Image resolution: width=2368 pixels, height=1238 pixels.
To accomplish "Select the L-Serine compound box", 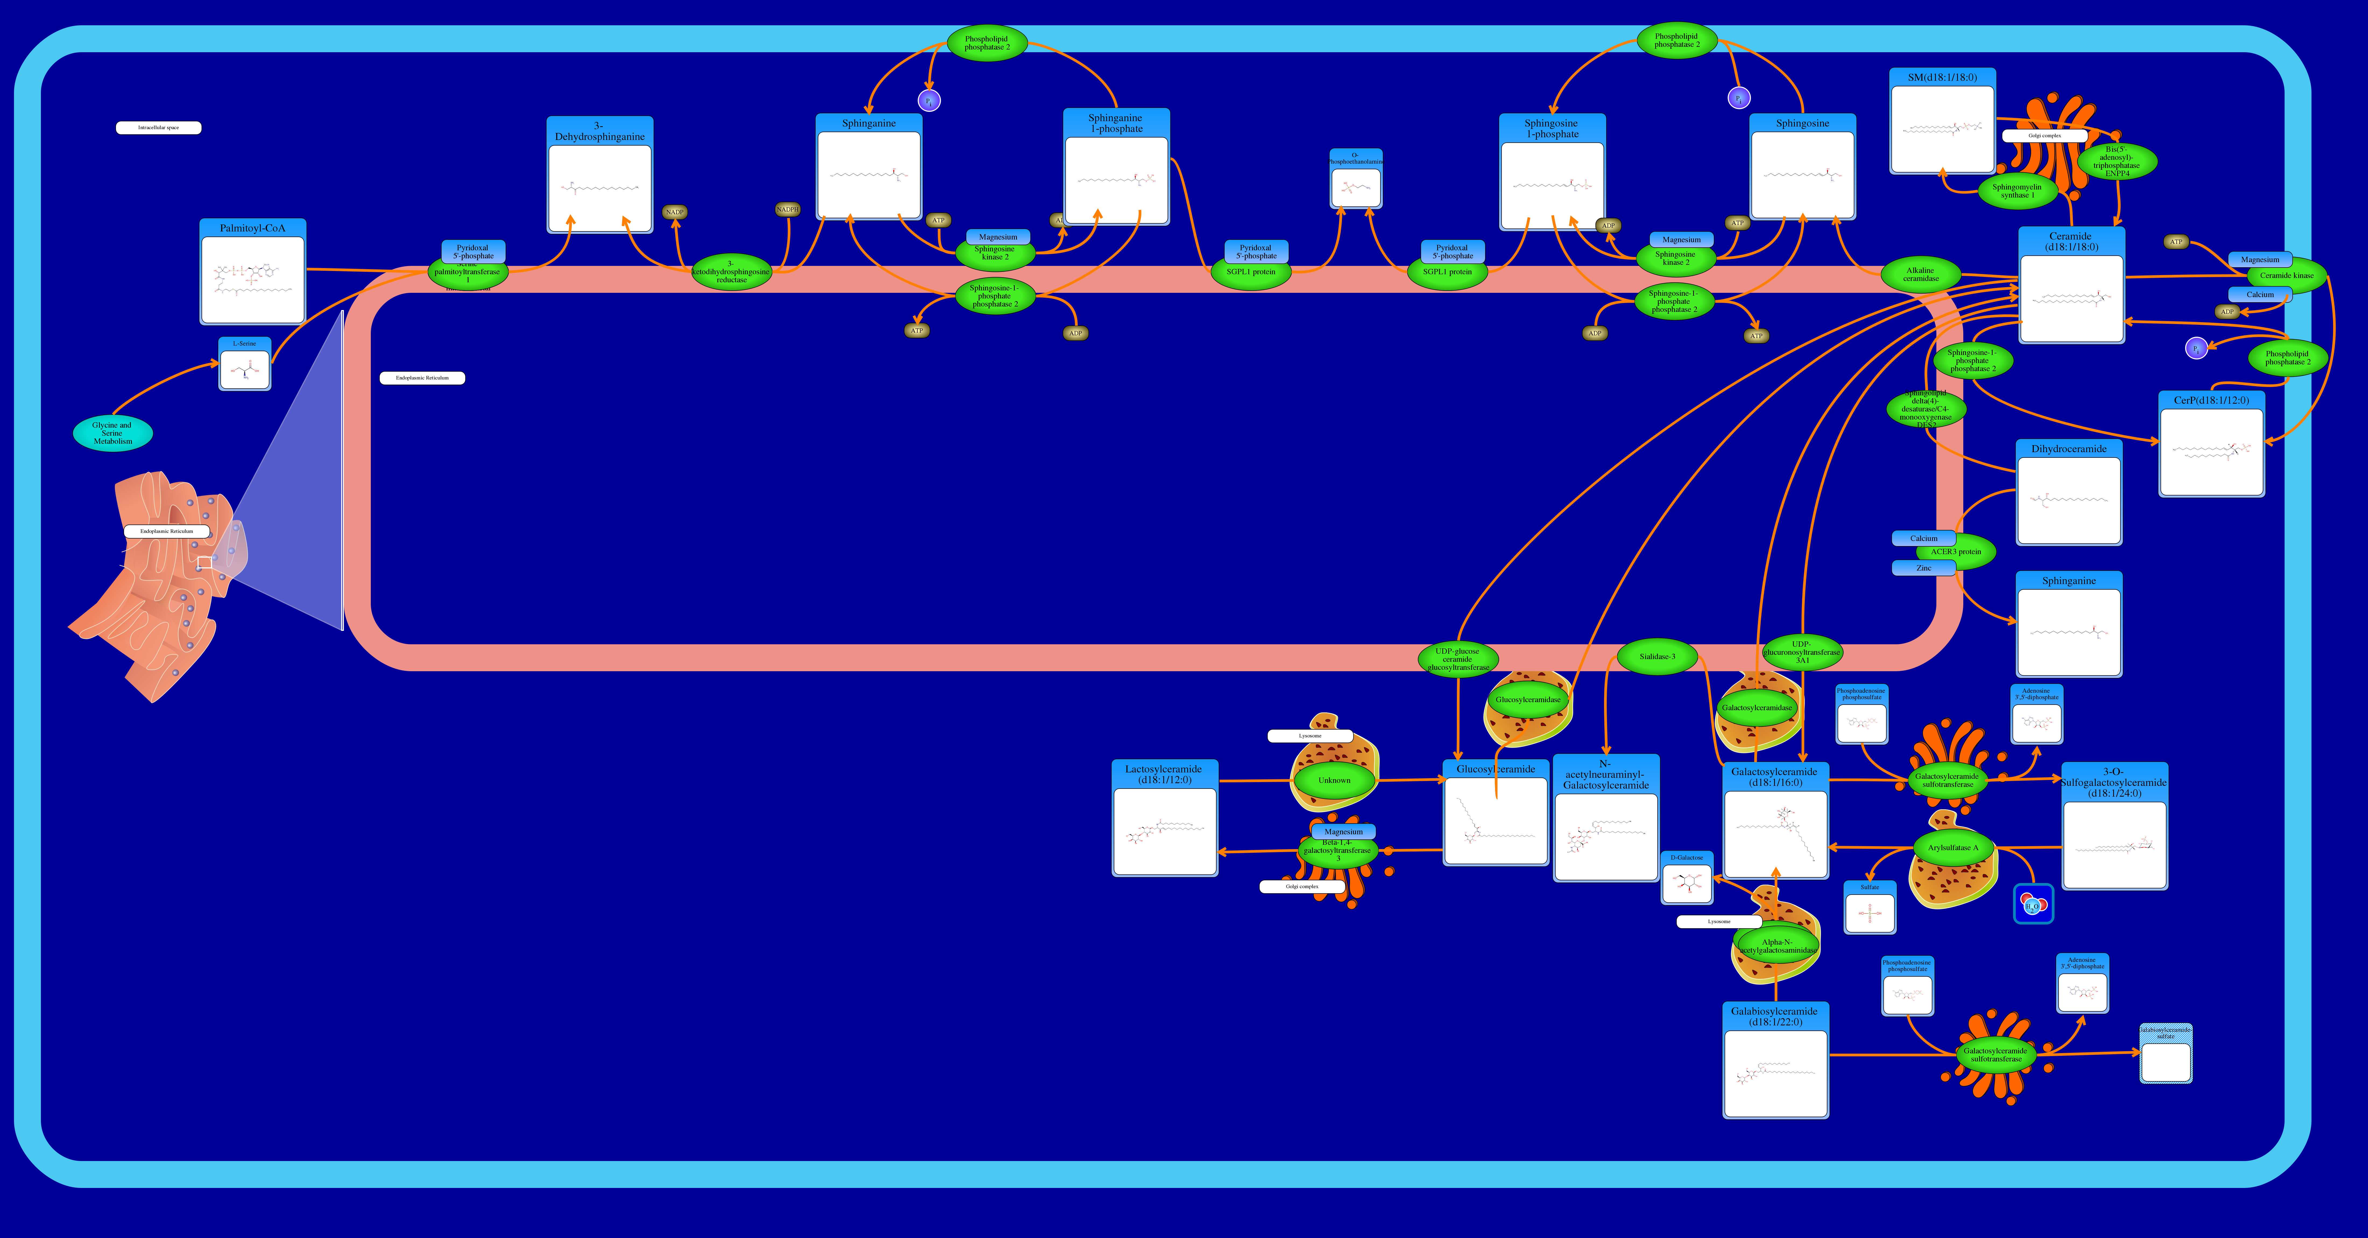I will (x=245, y=365).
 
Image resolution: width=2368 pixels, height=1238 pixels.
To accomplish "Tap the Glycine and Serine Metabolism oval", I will (x=112, y=433).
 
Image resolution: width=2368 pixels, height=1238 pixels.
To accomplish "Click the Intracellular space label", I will (x=158, y=128).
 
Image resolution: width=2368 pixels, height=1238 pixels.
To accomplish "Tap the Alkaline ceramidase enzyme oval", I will (x=1920, y=274).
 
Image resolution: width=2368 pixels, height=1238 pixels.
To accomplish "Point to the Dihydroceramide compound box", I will (x=2068, y=493).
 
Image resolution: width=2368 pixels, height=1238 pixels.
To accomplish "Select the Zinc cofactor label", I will (x=1923, y=568).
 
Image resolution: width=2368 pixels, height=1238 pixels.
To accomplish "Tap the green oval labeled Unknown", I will (x=1334, y=780).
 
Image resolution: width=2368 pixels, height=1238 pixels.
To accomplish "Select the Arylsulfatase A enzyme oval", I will (x=1953, y=847).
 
